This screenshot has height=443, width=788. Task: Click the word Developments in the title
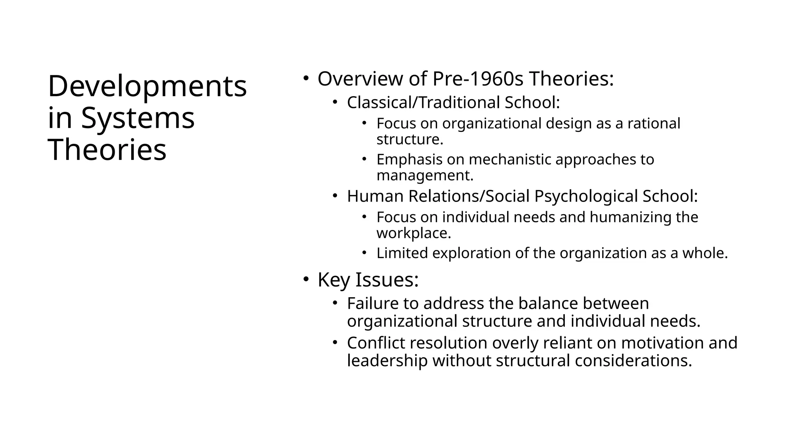147,87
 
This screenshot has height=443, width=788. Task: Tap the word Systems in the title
138,118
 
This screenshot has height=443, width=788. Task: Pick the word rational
654,123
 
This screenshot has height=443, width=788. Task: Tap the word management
424,175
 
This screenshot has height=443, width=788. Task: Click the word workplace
413,233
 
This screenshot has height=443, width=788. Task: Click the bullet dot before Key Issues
306,279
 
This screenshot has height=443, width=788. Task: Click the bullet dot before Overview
306,78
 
